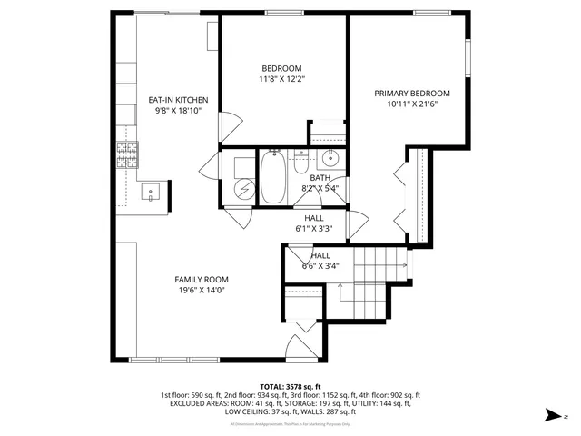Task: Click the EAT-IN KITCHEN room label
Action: point(179,100)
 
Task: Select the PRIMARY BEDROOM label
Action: point(413,94)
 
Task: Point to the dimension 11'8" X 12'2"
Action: point(282,79)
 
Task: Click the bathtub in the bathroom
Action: point(272,177)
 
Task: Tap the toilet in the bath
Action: point(301,163)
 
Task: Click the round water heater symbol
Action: point(243,188)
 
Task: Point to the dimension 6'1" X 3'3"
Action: point(314,229)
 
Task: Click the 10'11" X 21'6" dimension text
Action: point(413,104)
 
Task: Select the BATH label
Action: point(320,178)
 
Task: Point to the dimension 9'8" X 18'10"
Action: point(179,111)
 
